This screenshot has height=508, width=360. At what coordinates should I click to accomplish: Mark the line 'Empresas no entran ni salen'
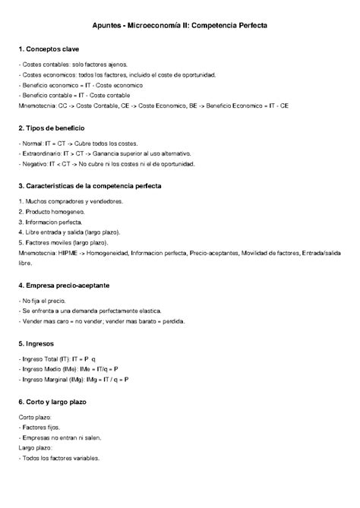[60, 437]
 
